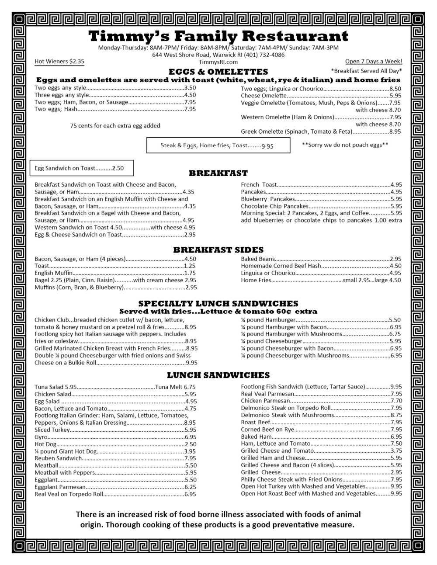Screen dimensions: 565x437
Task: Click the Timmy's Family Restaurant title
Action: (218, 36)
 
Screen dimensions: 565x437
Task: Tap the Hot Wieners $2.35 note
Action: (59, 62)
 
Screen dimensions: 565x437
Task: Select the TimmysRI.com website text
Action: (218, 62)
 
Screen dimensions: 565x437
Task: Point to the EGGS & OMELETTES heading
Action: (218, 72)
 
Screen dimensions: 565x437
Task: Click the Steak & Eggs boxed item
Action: (218, 146)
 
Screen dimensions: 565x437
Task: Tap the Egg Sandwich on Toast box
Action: (81, 168)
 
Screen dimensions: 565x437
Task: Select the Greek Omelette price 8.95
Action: (395, 132)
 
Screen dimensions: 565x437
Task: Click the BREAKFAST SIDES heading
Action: (218, 250)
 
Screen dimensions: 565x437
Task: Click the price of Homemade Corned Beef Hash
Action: (395, 266)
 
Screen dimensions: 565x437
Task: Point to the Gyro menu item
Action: (41, 437)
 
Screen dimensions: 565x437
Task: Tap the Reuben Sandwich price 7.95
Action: (190, 458)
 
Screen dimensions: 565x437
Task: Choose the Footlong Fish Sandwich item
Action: (302, 387)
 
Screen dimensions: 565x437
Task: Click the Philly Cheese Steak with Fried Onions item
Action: (291, 479)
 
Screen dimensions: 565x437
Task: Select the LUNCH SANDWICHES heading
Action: (218, 375)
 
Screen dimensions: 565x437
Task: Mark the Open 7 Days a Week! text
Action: (373, 62)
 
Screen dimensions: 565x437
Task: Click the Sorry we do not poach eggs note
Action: (345, 145)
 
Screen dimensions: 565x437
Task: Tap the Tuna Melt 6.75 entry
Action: (175, 387)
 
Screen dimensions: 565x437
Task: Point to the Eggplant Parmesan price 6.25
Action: (190, 487)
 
